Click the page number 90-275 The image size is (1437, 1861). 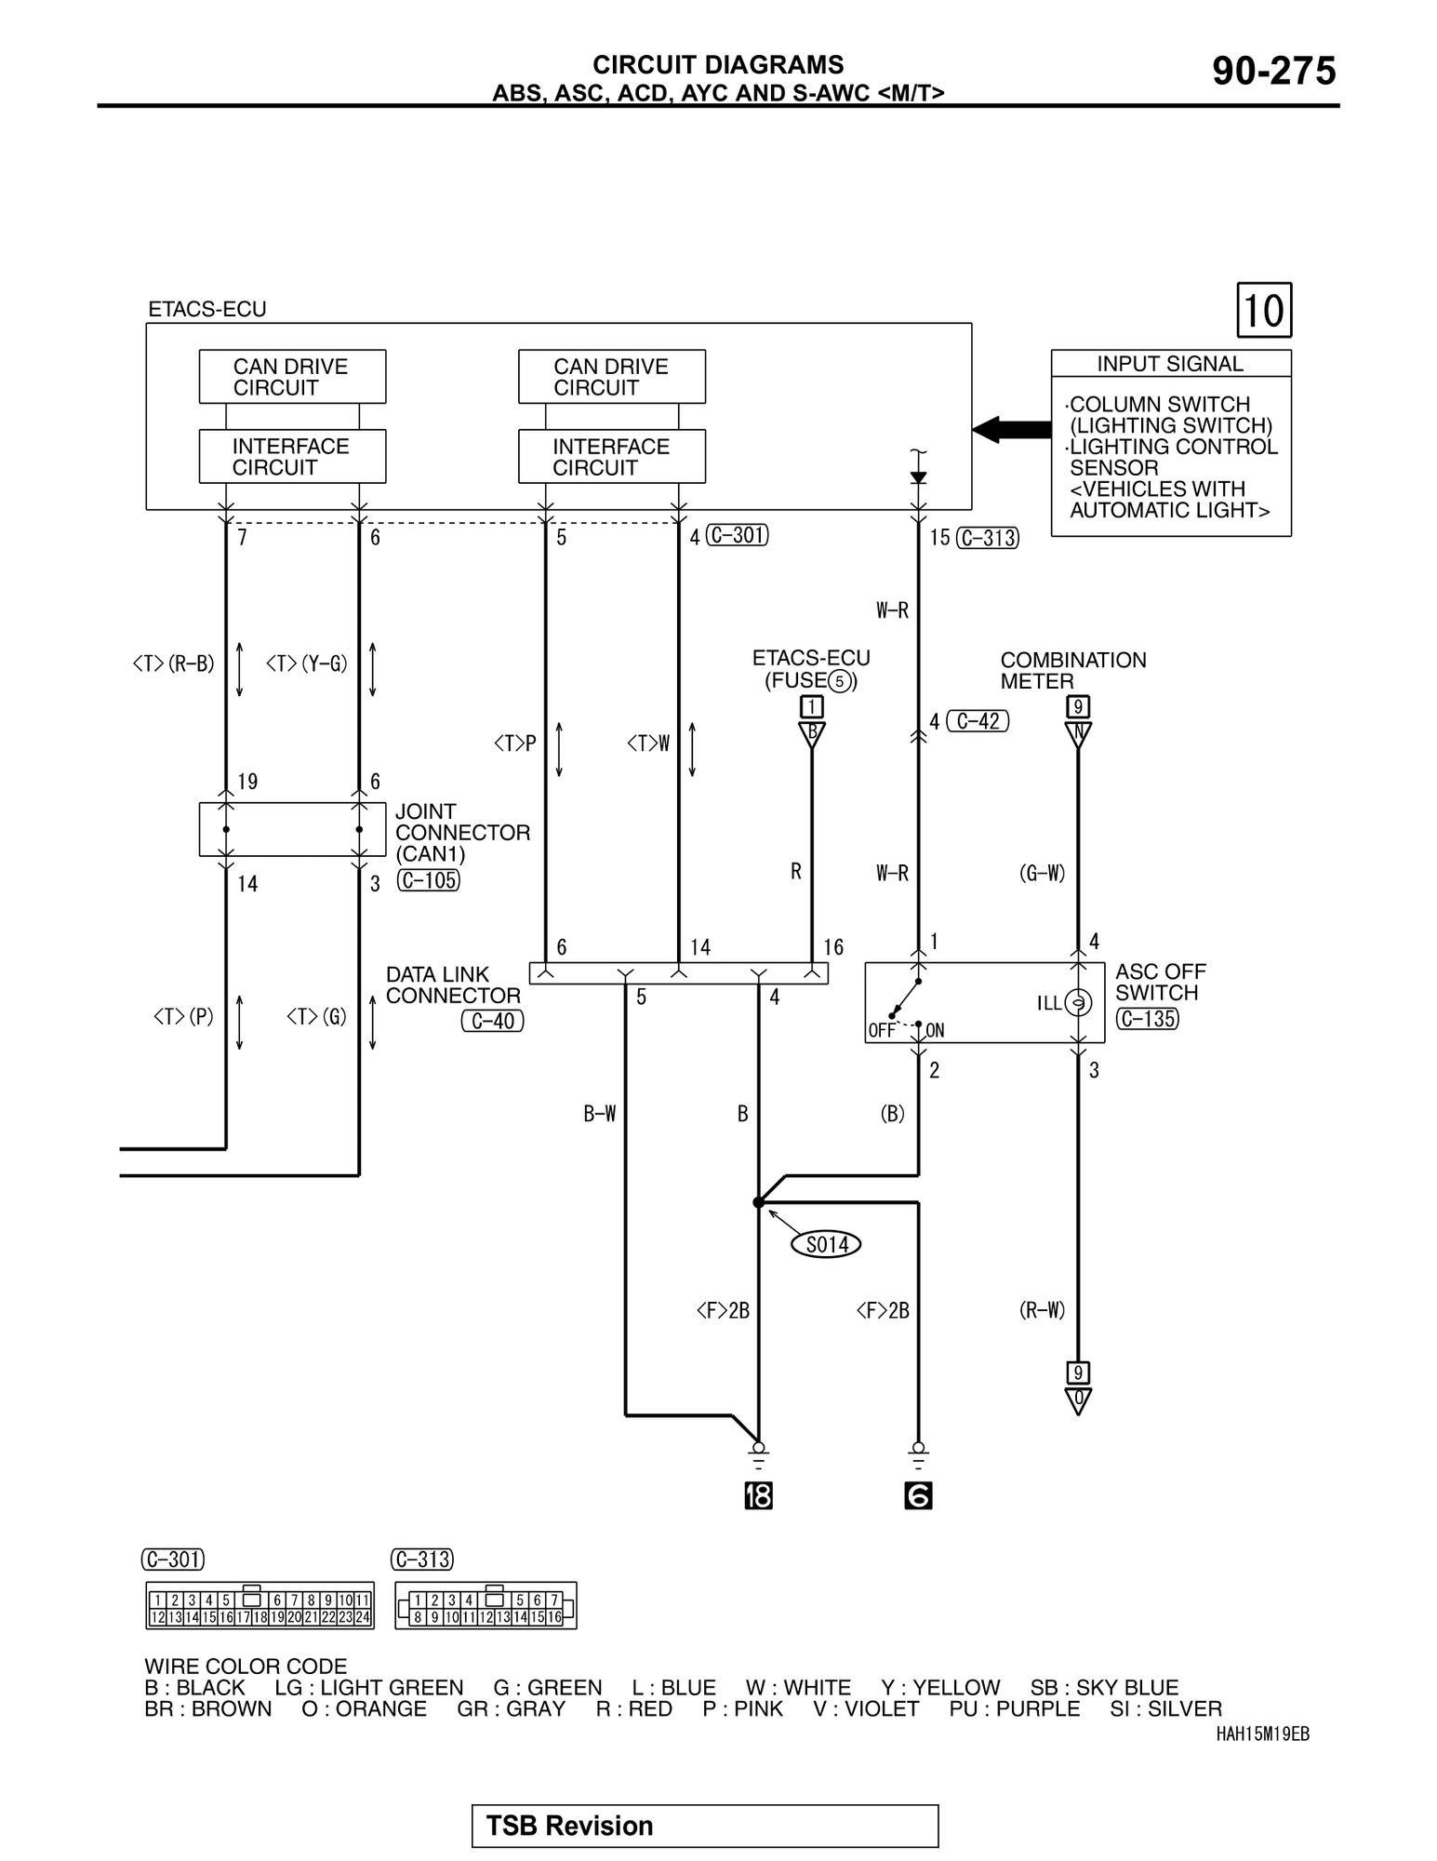coord(1273,72)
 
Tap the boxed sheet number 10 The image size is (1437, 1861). coord(1264,310)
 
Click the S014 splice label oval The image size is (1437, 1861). coord(826,1244)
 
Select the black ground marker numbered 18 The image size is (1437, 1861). coord(758,1496)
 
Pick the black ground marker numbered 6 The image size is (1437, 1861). coord(918,1496)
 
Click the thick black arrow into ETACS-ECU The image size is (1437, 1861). coord(1012,430)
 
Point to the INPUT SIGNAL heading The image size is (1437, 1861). coord(1170,364)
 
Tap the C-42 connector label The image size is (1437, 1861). coord(978,721)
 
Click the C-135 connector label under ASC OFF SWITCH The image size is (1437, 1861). coord(1148,1019)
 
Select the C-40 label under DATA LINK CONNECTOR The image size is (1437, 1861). coord(493,1021)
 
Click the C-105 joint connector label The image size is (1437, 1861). coord(429,880)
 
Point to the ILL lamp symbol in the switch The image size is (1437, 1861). coord(1078,1003)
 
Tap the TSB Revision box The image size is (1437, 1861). coord(704,1826)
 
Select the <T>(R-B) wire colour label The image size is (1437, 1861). coord(174,663)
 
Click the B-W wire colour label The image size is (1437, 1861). coord(599,1114)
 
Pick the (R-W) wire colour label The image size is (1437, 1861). coord(1042,1310)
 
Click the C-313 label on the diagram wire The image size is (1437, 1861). coord(988,538)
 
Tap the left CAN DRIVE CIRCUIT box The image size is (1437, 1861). coord(292,377)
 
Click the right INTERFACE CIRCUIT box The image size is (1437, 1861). coord(611,457)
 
